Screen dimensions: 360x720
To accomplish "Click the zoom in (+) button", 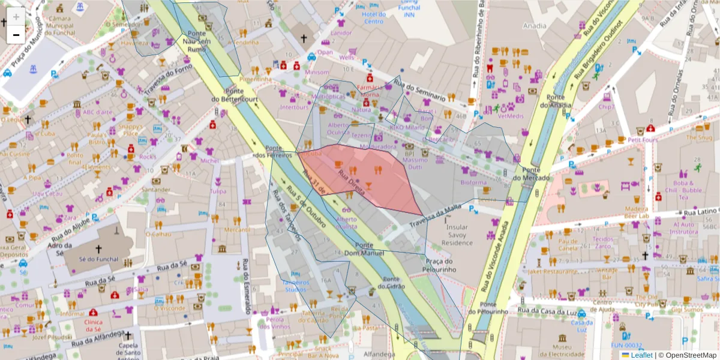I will pyautogui.click(x=16, y=16).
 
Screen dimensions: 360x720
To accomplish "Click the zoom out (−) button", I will pyautogui.click(x=16, y=35).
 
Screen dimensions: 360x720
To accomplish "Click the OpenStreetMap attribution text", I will pyautogui.click(x=687, y=355).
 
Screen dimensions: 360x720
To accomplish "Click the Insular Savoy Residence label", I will pyautogui.click(x=457, y=235).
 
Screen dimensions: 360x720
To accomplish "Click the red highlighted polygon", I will pyautogui.click(x=378, y=180).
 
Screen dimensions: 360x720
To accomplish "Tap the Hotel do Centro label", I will pyautogui.click(x=373, y=17).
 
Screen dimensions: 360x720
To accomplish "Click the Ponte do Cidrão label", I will pyautogui.click(x=391, y=283).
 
